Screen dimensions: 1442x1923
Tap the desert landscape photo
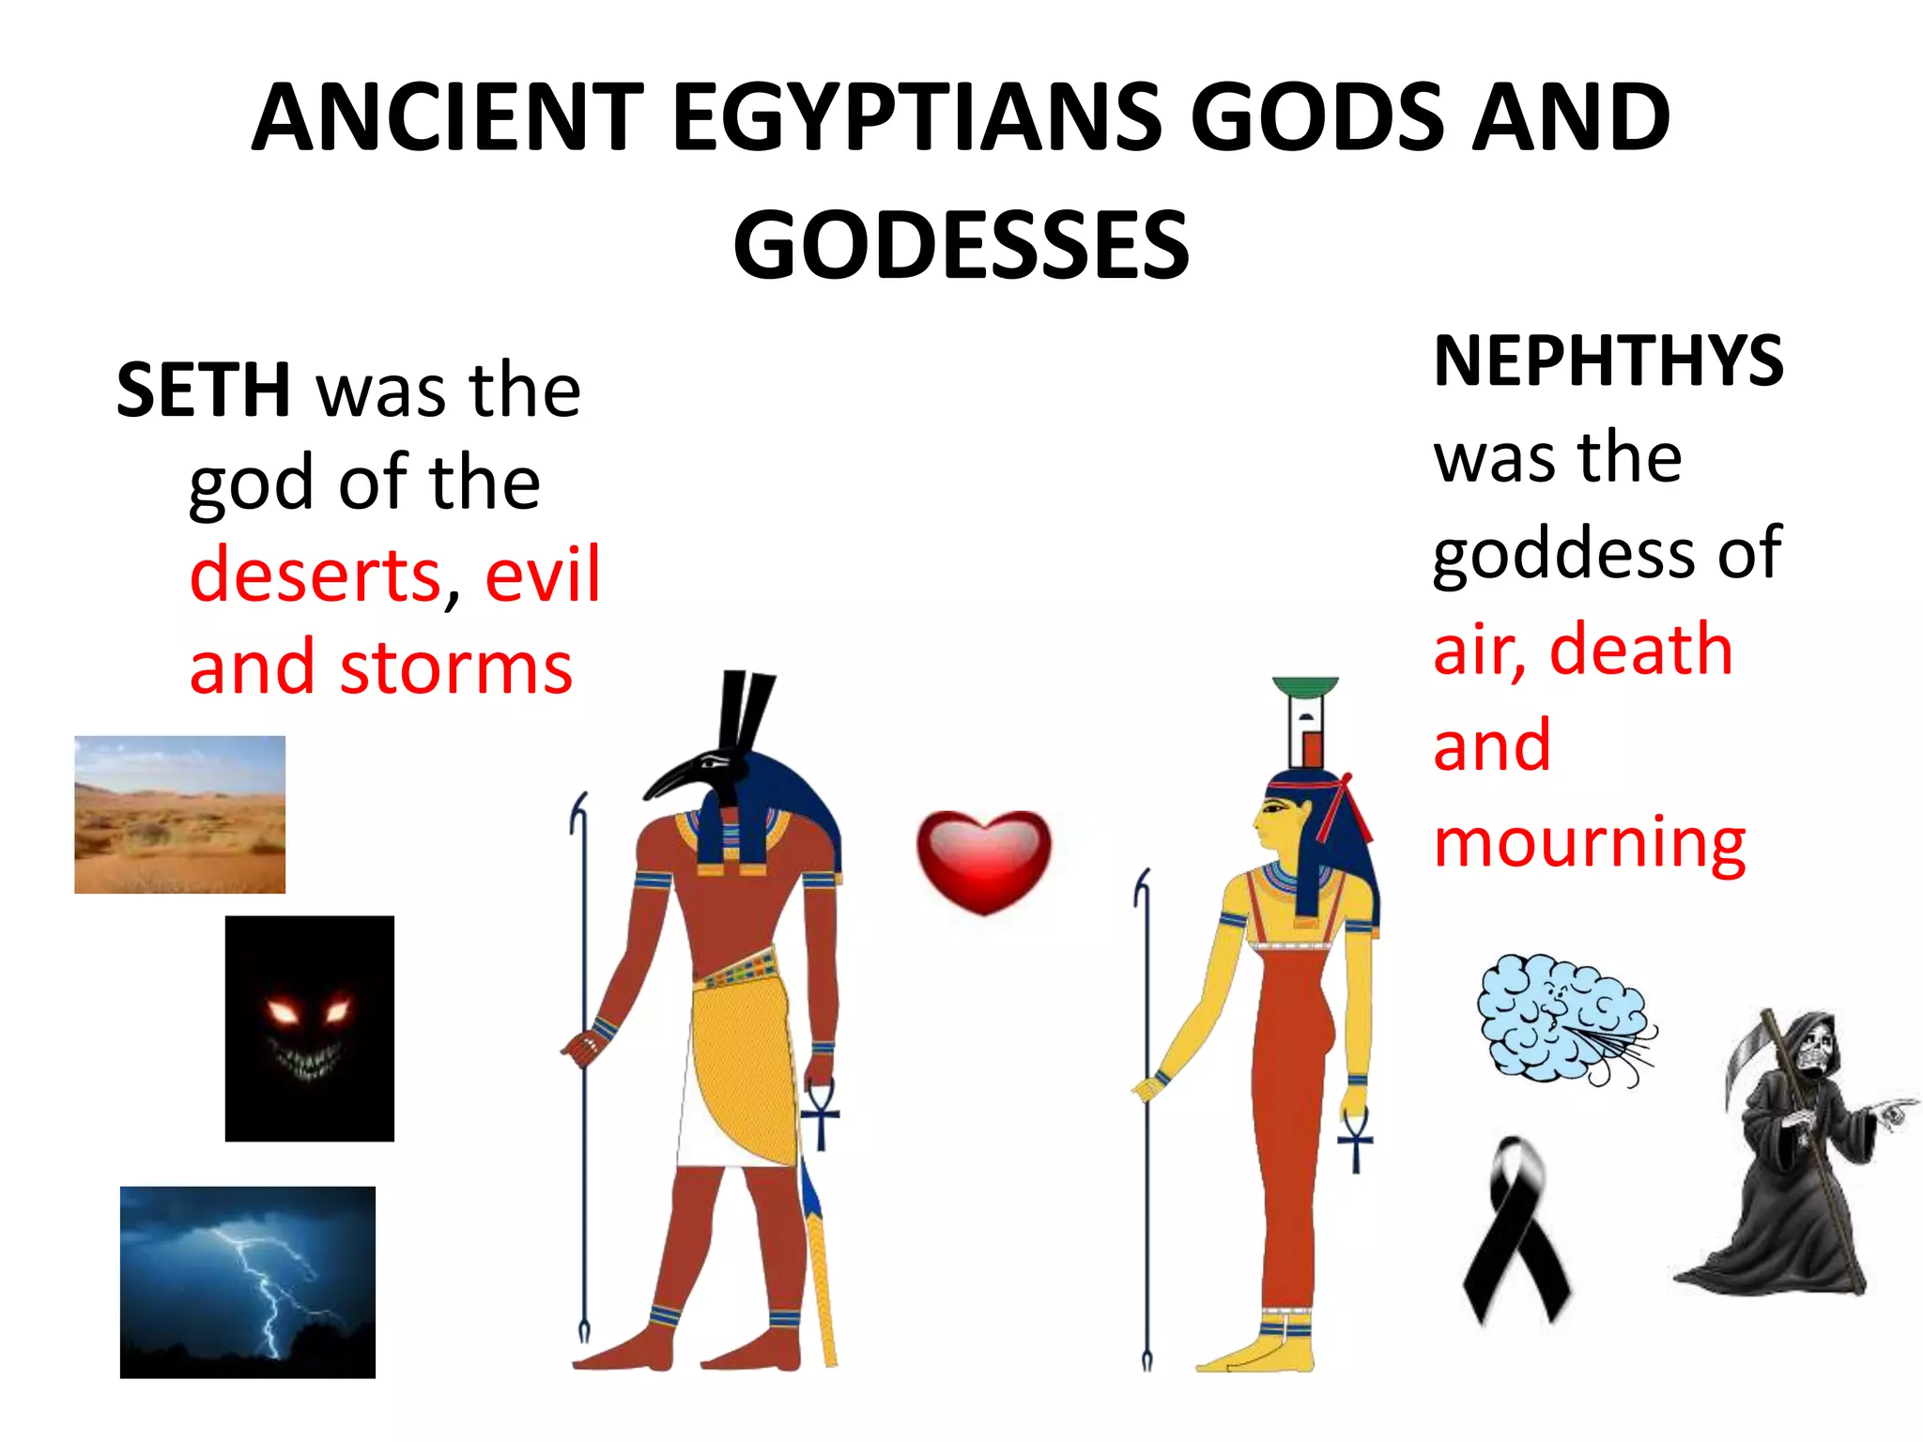coord(179,814)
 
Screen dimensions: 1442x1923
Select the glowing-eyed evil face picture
coord(309,1028)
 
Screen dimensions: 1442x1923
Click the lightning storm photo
coord(247,1281)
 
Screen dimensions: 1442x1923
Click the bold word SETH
coord(203,391)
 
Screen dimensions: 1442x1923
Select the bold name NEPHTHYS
coord(1608,361)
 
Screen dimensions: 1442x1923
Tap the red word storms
coord(456,667)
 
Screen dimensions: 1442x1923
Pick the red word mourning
coord(1589,842)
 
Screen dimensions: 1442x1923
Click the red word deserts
coord(315,575)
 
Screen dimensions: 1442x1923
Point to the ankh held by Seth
coord(820,1114)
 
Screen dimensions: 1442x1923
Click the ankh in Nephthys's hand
coord(1355,1139)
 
